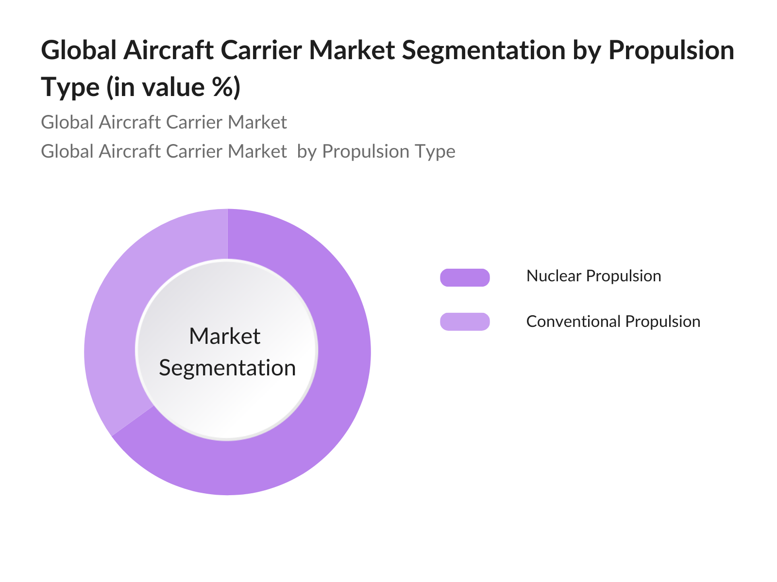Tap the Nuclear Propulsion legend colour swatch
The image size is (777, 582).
pos(465,277)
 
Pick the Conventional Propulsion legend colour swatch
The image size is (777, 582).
pos(465,322)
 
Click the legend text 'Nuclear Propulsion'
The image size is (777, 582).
pos(593,276)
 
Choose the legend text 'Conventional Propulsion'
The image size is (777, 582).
pos(613,322)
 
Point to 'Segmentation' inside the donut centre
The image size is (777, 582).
pos(227,368)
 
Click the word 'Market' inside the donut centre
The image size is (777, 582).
pos(224,336)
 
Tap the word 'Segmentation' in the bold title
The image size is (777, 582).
pos(484,50)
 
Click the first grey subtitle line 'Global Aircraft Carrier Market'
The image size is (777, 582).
pos(164,122)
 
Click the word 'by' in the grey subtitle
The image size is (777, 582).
pos(307,152)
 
